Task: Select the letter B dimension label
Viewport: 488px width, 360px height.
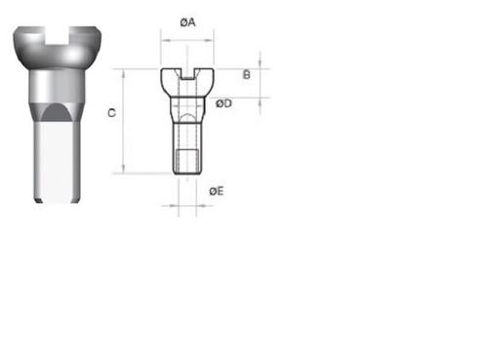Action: point(247,74)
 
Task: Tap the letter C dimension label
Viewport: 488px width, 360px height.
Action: point(112,114)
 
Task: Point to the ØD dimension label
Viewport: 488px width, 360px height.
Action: point(224,102)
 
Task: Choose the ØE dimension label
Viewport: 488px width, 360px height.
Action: point(216,191)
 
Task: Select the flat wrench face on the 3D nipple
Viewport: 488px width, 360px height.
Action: point(57,156)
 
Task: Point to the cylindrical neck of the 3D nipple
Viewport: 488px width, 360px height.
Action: point(57,86)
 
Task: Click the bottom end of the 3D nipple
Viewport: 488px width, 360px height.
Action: point(57,201)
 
